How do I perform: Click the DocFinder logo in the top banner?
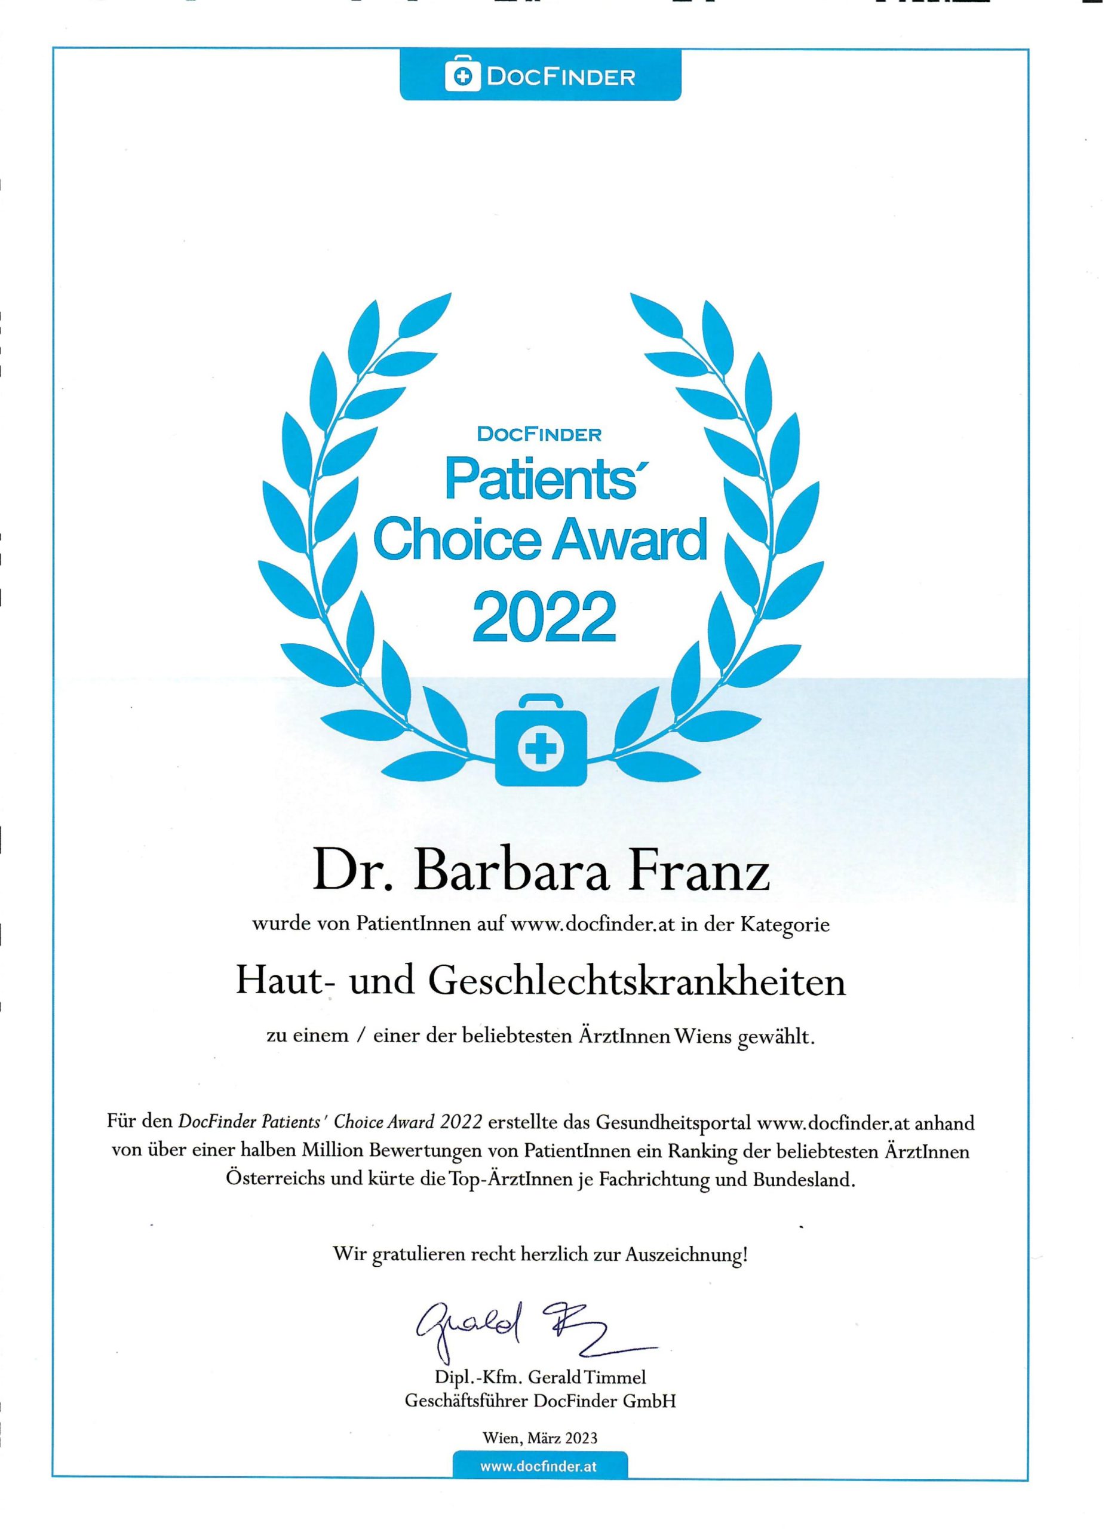coord(540,77)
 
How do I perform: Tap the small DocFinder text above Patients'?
coord(539,435)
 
